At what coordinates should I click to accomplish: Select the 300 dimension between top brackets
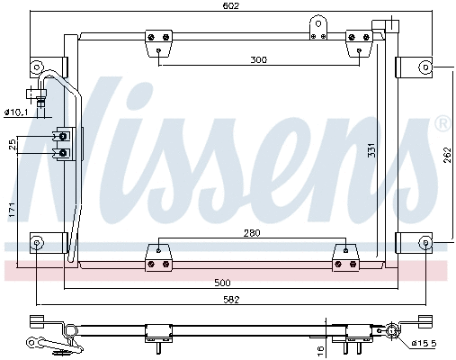259,59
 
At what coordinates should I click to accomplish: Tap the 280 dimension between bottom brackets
251,234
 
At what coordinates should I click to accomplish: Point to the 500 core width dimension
234,282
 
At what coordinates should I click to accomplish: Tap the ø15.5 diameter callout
426,344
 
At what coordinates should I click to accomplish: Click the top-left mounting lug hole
37,67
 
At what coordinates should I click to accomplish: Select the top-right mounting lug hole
425,66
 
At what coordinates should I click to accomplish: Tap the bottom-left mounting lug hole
37,242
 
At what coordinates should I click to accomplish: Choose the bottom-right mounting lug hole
425,242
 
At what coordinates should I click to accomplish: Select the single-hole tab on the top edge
316,25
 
